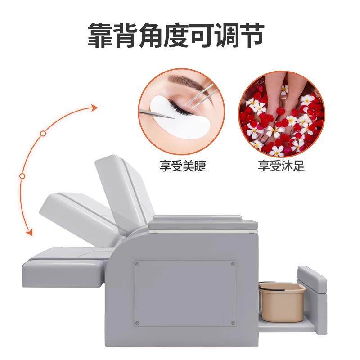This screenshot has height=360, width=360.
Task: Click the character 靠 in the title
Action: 102,34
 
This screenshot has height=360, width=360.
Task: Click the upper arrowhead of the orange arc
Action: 94,107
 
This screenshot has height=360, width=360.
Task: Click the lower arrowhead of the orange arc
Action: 29,233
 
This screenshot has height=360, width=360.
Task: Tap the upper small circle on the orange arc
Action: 43,133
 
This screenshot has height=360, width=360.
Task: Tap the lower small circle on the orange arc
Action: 22,176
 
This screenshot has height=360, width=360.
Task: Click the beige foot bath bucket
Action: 281,301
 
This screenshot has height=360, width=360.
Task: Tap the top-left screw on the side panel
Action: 137,264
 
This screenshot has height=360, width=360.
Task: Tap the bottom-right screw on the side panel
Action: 233,324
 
